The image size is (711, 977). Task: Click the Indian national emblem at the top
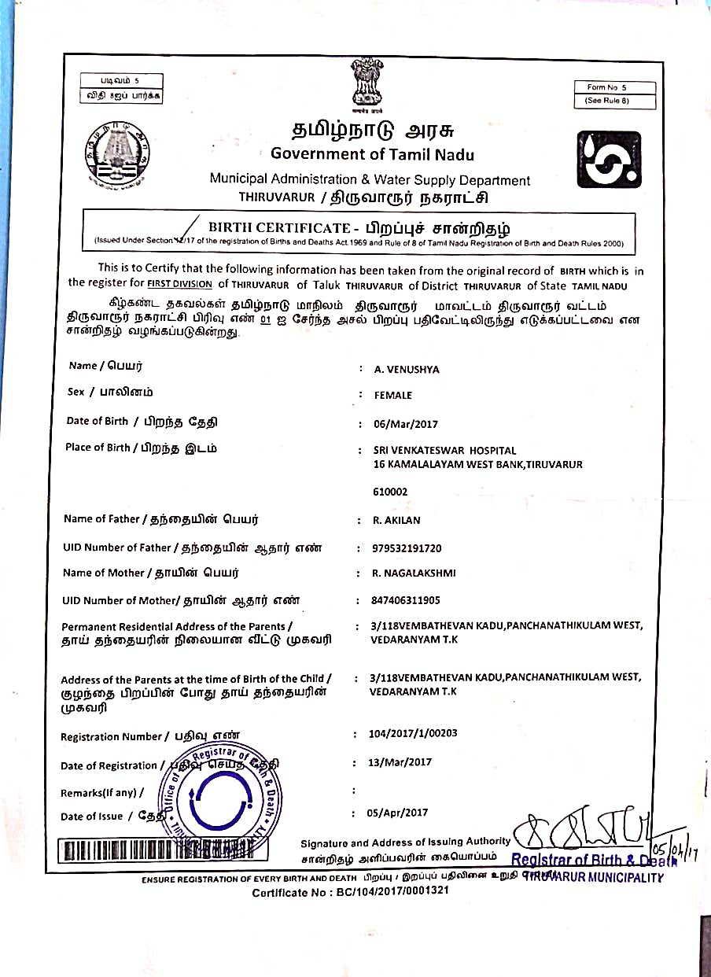pyautogui.click(x=367, y=84)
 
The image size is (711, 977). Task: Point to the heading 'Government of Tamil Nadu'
pyautogui.click(x=372, y=154)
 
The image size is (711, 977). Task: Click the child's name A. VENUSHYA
pyautogui.click(x=407, y=369)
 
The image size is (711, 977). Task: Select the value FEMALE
pyautogui.click(x=393, y=396)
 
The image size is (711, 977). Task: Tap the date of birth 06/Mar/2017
pyautogui.click(x=406, y=424)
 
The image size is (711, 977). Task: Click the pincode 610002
pyautogui.click(x=391, y=492)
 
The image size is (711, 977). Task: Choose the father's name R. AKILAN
pyautogui.click(x=398, y=520)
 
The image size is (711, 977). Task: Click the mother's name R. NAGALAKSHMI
pyautogui.click(x=414, y=573)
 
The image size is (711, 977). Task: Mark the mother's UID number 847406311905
pyautogui.click(x=406, y=600)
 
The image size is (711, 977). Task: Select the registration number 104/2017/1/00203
pyautogui.click(x=413, y=733)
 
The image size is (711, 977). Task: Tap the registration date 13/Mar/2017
pyautogui.click(x=400, y=761)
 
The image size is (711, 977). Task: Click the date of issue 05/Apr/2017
pyautogui.click(x=398, y=813)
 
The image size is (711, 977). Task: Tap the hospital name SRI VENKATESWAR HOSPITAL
pyautogui.click(x=445, y=451)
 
